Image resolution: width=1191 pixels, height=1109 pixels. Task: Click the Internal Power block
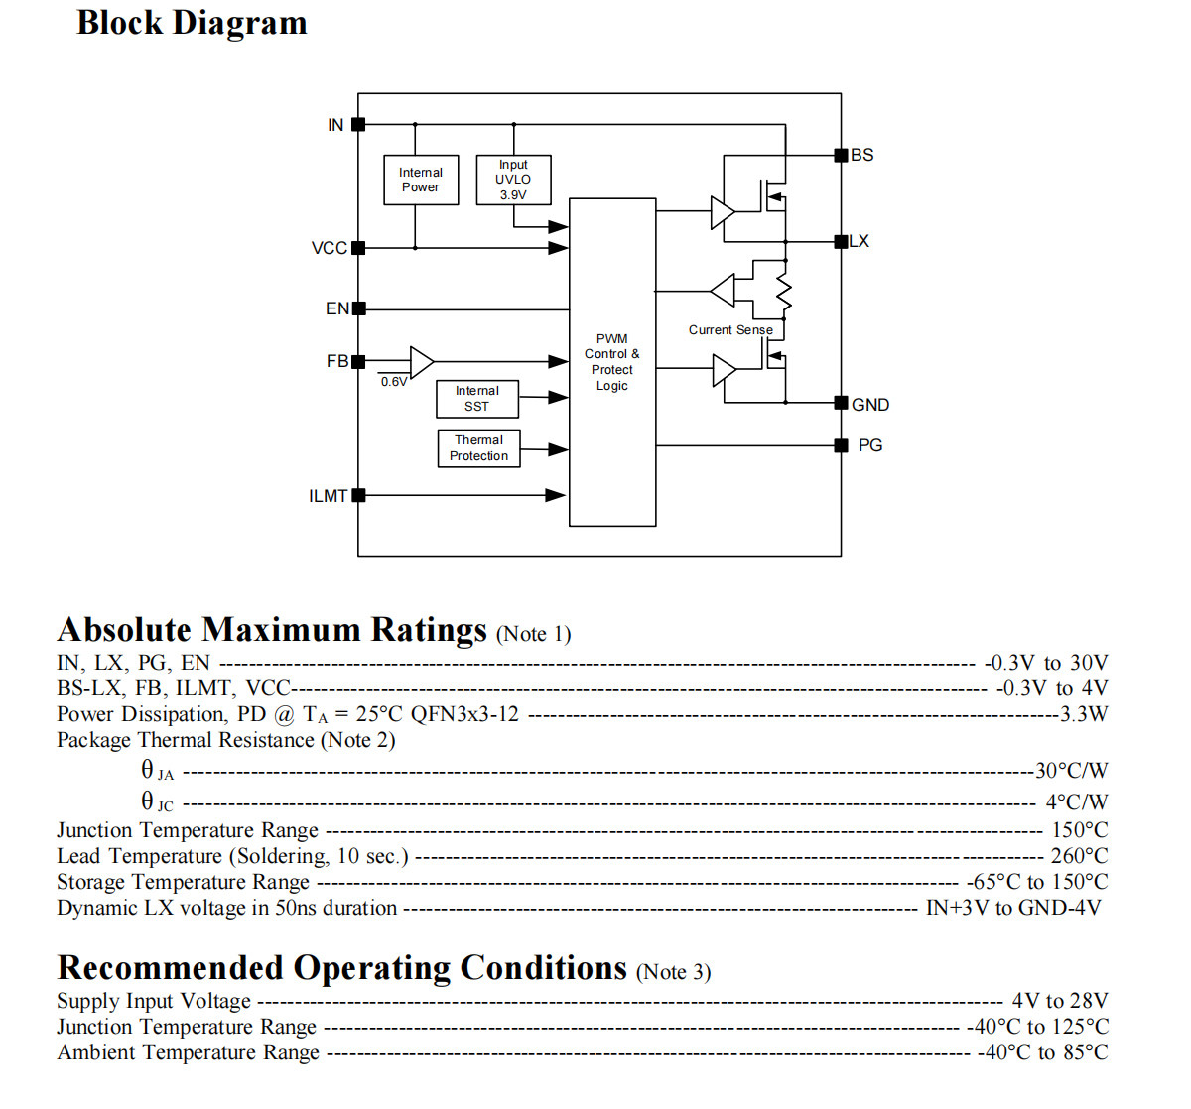coord(421,180)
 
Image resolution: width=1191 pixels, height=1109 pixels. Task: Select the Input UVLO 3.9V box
coord(513,180)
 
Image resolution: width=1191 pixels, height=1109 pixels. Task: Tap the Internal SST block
coord(477,399)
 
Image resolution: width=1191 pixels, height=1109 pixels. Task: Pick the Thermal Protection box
coord(478,448)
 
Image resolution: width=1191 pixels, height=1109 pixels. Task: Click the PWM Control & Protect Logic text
coord(611,362)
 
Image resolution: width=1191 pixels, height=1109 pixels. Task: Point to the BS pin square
coord(841,156)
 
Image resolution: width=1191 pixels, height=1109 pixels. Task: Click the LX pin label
coord(859,241)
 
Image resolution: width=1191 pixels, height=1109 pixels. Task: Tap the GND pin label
coord(870,405)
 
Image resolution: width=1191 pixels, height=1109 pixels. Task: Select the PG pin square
coord(841,445)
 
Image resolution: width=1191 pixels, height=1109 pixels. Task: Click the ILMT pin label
coord(329,496)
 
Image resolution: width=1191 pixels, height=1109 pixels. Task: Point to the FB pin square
coord(358,361)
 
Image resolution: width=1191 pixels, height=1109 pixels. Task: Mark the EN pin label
coord(337,308)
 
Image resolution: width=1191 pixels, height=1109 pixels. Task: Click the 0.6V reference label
coord(394,382)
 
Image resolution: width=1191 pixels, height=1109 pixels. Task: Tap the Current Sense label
coord(730,329)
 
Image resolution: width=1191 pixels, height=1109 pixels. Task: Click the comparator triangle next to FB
coord(422,361)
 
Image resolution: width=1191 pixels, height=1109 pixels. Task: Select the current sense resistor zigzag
coord(784,294)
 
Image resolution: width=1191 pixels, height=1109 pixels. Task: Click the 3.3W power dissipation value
coord(1084,714)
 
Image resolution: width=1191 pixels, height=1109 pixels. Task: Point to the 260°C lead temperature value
coord(1079,855)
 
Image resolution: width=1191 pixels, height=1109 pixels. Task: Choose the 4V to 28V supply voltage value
coord(1060,1001)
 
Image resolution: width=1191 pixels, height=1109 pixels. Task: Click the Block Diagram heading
coord(192,23)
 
